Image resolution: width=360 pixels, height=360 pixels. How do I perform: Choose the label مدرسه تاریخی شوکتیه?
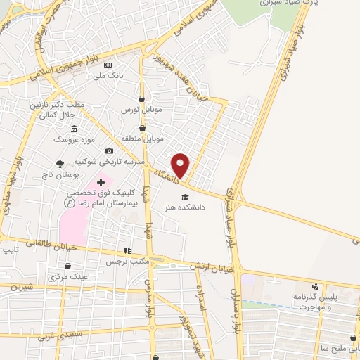(114, 162)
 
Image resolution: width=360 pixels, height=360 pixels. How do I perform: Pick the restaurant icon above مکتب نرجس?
(127, 250)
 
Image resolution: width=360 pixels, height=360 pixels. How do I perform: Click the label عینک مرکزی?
(69, 277)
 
